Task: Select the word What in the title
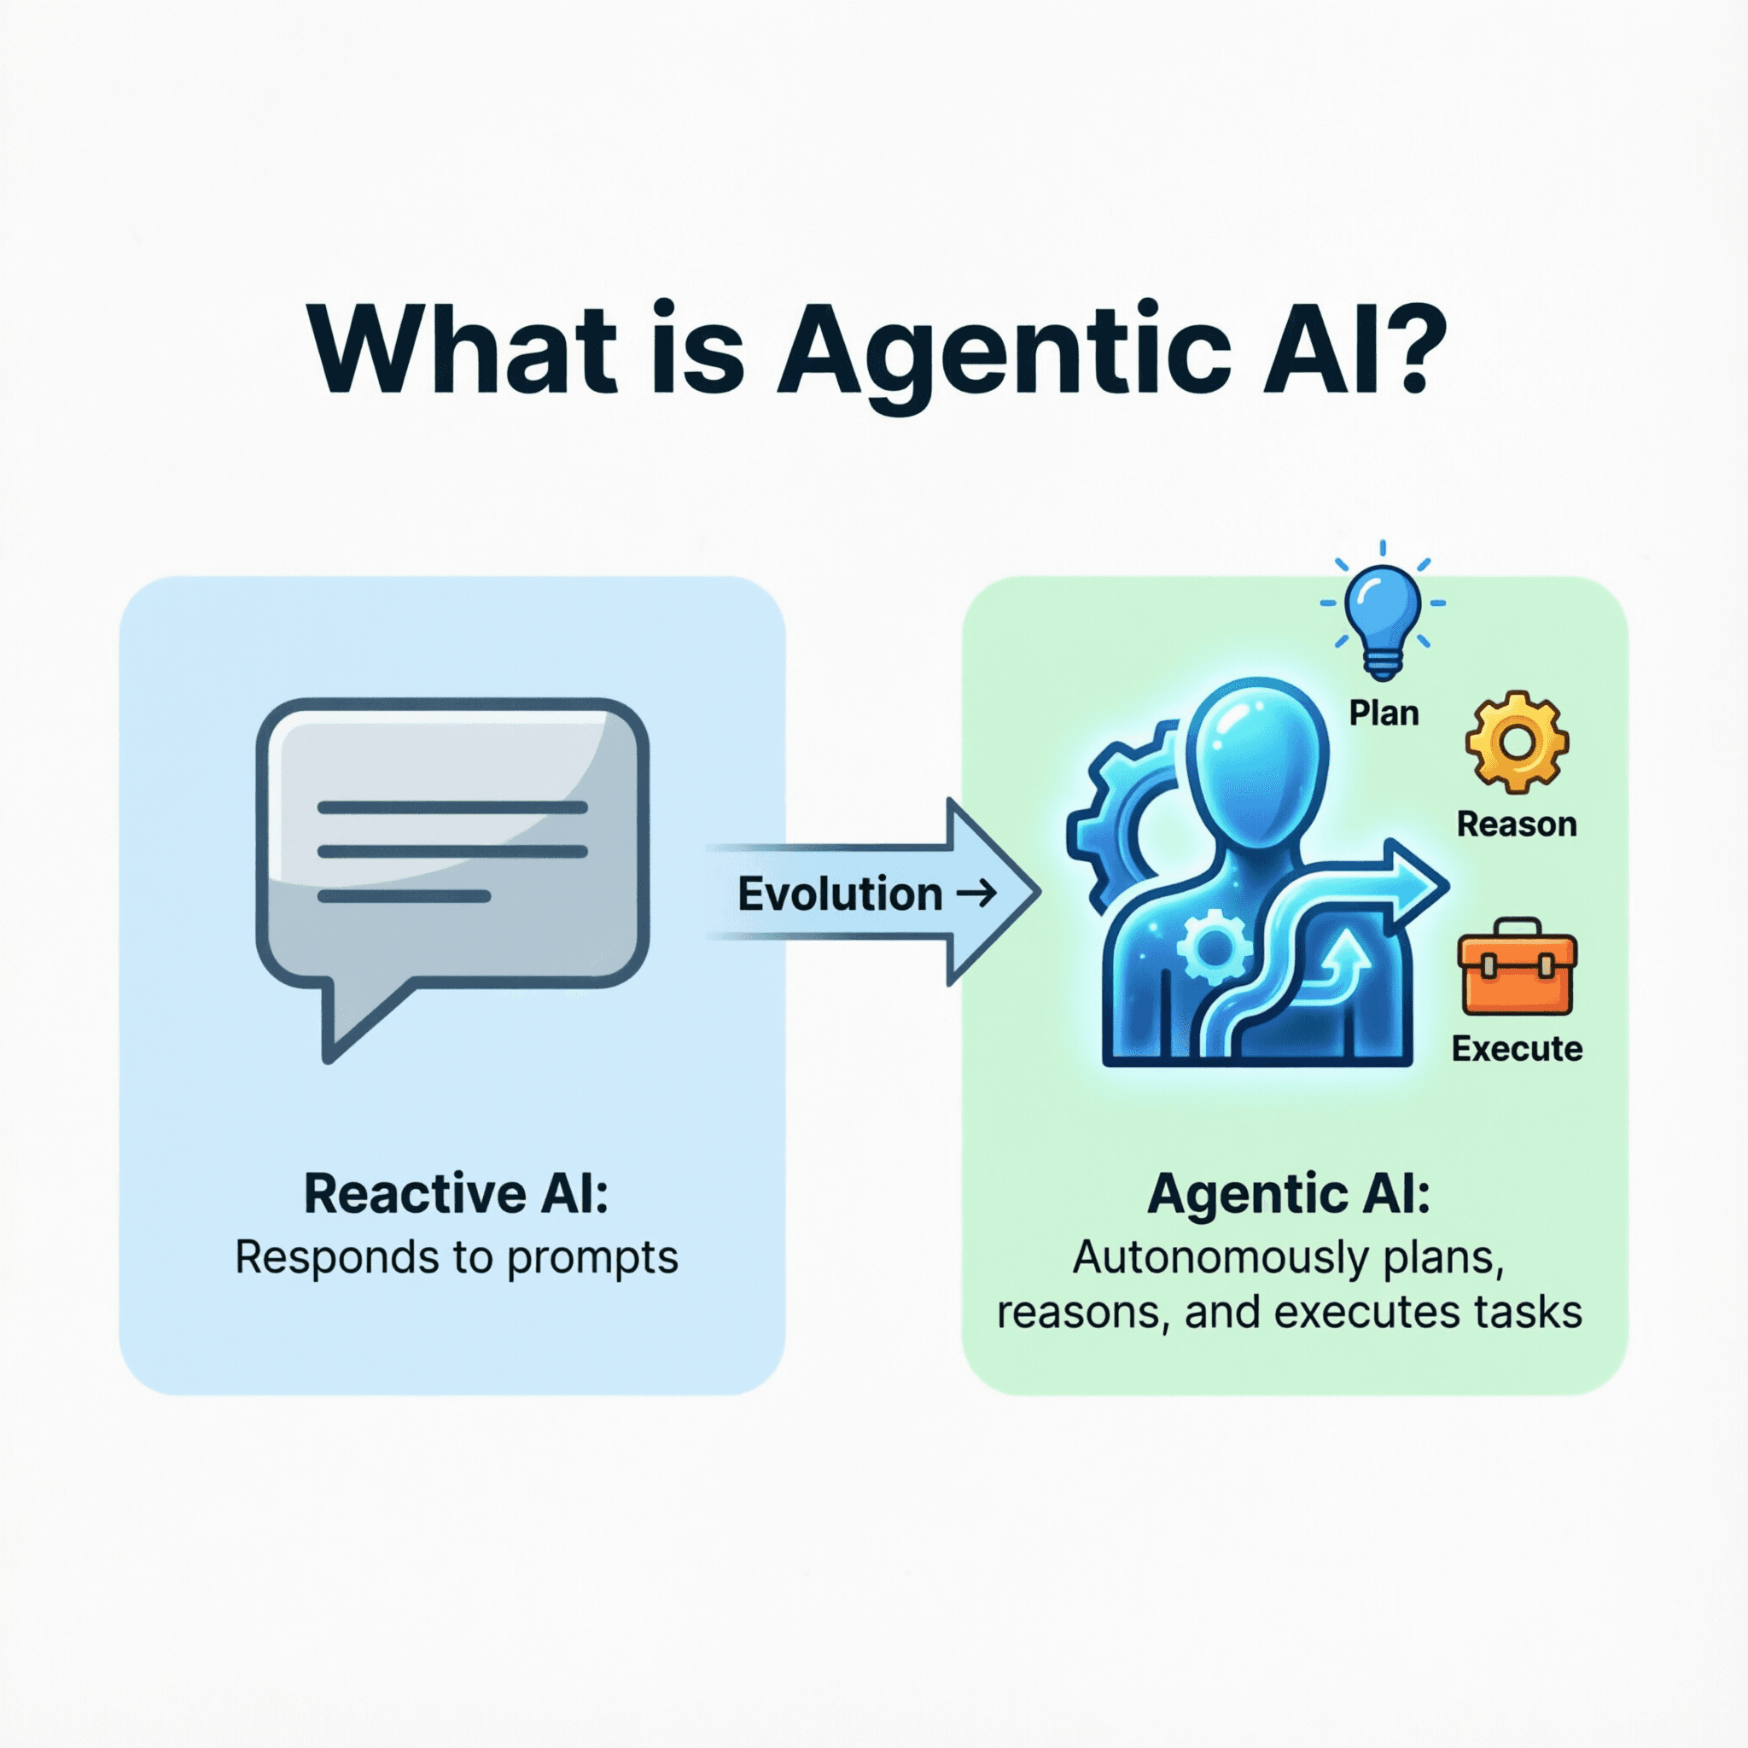463,348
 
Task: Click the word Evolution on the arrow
840,894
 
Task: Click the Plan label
1384,713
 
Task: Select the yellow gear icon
1517,742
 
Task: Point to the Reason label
1517,824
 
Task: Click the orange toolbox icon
1517,969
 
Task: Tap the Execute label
1517,1049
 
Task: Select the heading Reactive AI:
456,1193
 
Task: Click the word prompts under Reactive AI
591,1257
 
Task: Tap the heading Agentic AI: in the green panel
1288,1193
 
